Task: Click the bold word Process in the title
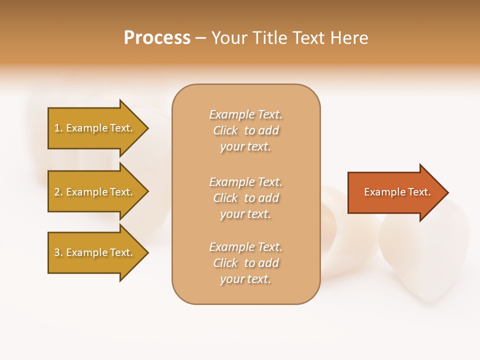click(x=157, y=38)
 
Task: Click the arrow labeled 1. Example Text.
click(x=95, y=128)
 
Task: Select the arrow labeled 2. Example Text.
click(x=95, y=192)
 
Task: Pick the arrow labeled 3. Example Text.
click(x=95, y=252)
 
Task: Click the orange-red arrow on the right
click(x=395, y=192)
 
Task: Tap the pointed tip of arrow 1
click(x=147, y=128)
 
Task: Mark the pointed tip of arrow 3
click(x=147, y=252)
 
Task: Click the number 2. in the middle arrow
click(x=58, y=192)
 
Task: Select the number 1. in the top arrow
click(x=58, y=128)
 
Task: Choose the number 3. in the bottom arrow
click(x=58, y=252)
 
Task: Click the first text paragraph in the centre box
click(x=245, y=130)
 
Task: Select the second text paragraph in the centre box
click(x=245, y=198)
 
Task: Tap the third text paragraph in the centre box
click(x=245, y=263)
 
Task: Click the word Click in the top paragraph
click(x=225, y=130)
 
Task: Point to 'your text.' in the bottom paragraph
click(x=245, y=279)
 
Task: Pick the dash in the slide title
click(x=201, y=38)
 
